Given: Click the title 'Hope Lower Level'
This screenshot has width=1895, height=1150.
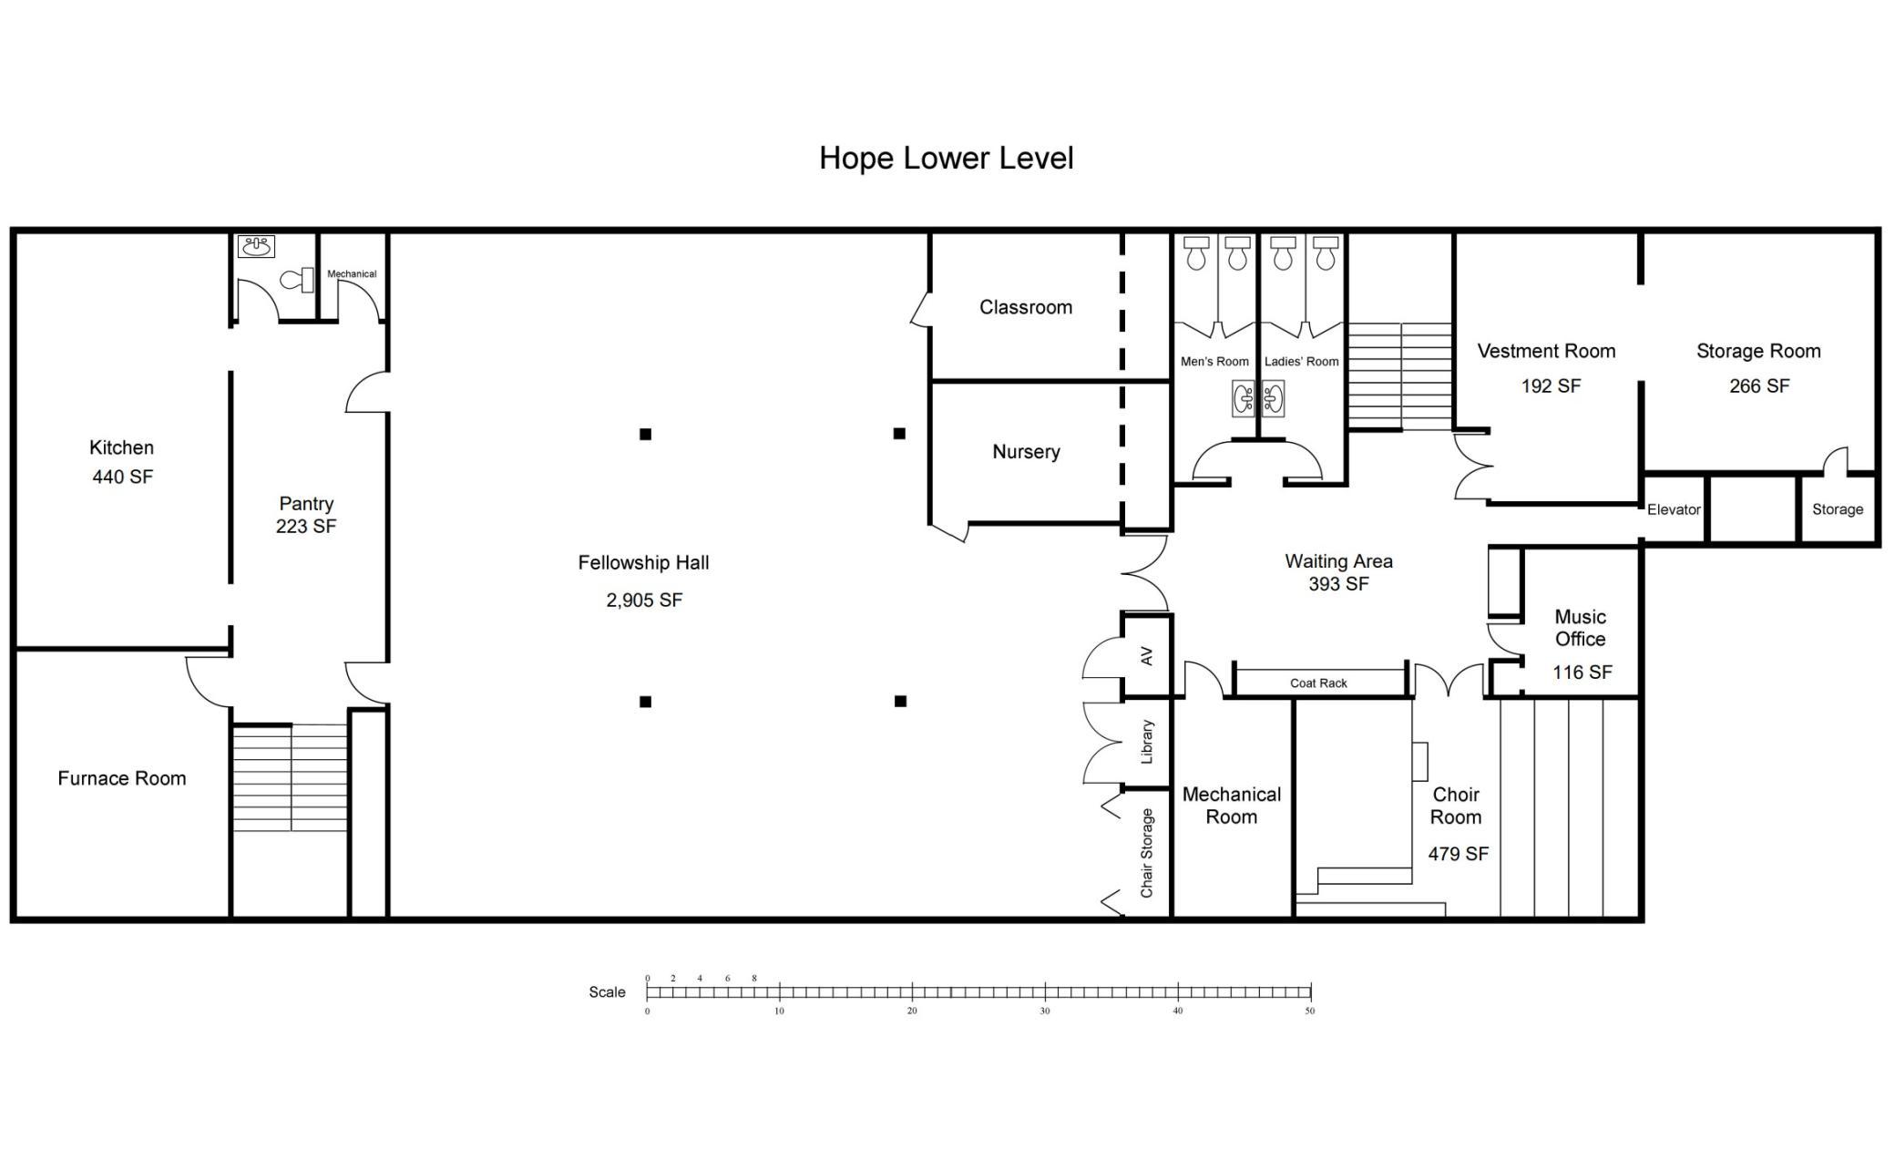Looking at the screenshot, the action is (946, 159).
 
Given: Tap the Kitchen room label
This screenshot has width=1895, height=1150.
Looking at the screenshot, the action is (121, 447).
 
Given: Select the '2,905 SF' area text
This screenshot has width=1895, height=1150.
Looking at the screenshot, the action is (644, 600).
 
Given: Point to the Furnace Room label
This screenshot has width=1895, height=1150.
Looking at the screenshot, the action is (122, 778).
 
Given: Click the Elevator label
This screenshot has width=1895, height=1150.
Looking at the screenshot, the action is (1674, 509).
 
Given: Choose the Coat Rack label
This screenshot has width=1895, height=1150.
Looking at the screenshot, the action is (1318, 683).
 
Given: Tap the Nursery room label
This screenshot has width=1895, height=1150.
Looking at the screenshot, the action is (1026, 452).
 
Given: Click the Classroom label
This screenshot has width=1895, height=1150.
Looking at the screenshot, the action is (1026, 307).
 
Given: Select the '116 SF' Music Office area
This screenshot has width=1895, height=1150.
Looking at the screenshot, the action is (1583, 673).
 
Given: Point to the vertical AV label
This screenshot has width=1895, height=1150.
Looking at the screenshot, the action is (1147, 656).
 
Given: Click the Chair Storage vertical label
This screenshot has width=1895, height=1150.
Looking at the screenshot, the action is (1147, 853).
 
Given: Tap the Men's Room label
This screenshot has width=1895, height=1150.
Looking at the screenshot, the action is (1214, 362).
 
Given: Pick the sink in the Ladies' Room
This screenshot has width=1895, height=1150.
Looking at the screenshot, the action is (1274, 399).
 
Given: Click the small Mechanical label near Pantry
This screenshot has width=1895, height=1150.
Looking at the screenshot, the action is (352, 273).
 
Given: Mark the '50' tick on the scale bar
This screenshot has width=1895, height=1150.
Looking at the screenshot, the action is (1310, 1011).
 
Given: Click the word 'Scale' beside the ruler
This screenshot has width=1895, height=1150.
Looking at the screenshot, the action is (607, 992).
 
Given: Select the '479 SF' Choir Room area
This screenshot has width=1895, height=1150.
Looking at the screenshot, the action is (1458, 854).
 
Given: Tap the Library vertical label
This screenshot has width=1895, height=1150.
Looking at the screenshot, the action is (1147, 742).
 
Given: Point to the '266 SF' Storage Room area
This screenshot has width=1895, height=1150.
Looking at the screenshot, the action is (1759, 386).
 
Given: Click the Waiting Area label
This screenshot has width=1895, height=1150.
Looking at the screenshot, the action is (1338, 561).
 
